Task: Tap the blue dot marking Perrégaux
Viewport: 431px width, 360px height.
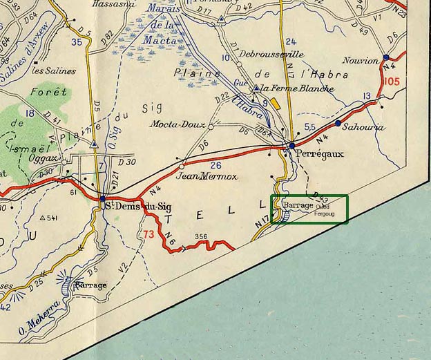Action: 292,146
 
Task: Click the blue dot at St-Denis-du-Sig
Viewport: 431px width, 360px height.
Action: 102,198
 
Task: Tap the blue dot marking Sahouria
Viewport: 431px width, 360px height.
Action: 338,123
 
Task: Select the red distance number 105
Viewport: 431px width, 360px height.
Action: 390,82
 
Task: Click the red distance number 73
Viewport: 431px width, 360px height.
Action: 149,234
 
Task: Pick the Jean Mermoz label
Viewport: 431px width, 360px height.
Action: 207,176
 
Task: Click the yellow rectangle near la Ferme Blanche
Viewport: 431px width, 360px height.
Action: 276,103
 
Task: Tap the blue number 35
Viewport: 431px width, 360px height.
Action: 77,43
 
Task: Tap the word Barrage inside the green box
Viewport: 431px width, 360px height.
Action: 298,205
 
